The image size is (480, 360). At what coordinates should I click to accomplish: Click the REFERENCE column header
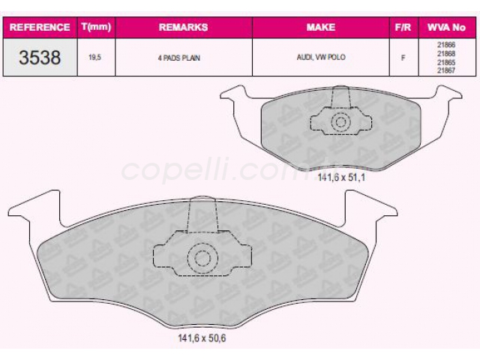coord(40,27)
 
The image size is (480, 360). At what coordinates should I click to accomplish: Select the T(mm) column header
coord(96,27)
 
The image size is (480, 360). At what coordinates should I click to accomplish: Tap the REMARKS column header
coord(183,27)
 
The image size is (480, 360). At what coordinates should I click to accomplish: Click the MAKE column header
coord(321,27)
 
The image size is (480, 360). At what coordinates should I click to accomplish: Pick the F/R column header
coord(403,27)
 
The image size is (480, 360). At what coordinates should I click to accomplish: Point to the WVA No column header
coord(446,27)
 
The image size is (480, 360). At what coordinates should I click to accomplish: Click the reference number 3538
coord(40,58)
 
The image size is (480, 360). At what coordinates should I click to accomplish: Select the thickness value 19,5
coord(95,58)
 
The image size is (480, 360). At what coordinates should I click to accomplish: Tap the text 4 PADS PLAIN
coord(179,58)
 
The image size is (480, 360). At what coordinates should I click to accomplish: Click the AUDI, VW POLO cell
coord(321,57)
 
